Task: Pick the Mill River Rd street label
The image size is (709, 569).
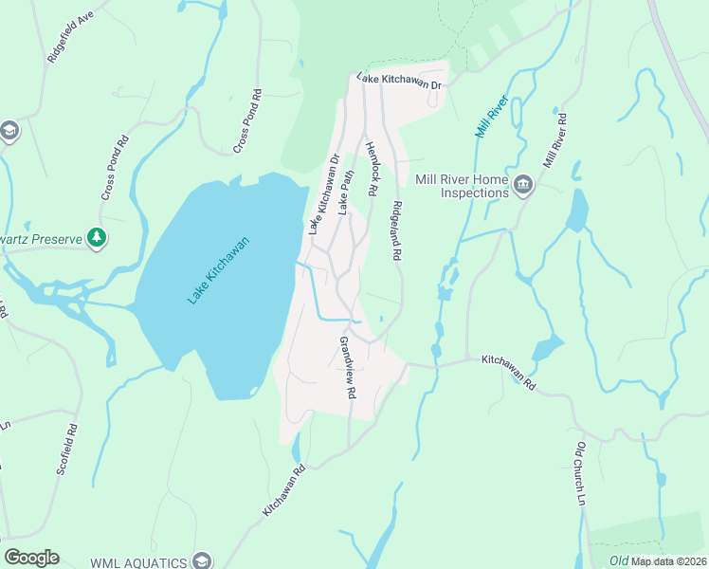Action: pyautogui.click(x=554, y=140)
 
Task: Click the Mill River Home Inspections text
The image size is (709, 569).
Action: pyautogui.click(x=463, y=186)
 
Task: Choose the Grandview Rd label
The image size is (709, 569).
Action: pyautogui.click(x=348, y=366)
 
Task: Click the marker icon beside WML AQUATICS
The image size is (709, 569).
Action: pyautogui.click(x=200, y=561)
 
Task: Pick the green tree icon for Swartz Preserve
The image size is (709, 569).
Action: pyautogui.click(x=96, y=237)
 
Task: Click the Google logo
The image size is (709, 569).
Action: pyautogui.click(x=31, y=558)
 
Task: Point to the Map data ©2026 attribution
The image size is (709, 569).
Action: pyautogui.click(x=669, y=561)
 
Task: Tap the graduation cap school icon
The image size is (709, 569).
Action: pyautogui.click(x=9, y=130)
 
